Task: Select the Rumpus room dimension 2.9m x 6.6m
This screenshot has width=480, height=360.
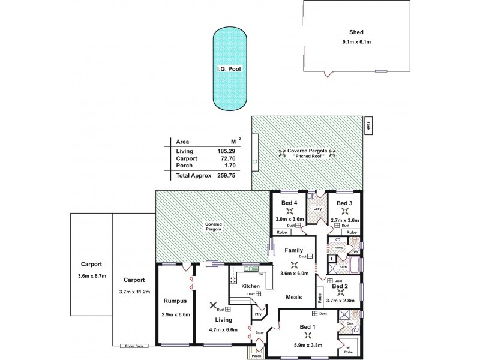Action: point(176,314)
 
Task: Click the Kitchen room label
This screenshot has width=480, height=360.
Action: point(250,286)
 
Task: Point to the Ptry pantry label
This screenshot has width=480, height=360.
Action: point(259,314)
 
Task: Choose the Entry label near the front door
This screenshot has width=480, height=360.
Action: point(259,332)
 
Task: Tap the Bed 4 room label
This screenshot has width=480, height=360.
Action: point(290,203)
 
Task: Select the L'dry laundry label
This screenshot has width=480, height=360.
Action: point(318,209)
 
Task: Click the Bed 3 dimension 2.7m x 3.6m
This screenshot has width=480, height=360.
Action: point(344,220)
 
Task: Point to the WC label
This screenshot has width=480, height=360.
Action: point(356,252)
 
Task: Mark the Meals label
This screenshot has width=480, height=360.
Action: point(293,297)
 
